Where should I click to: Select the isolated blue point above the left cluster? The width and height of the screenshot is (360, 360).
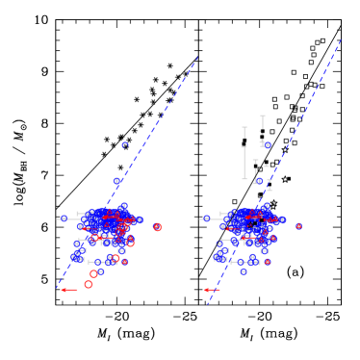pos(125,145)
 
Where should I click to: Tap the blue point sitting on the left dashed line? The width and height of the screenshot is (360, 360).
pos(117,181)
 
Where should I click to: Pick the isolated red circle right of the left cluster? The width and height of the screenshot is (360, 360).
pos(157,227)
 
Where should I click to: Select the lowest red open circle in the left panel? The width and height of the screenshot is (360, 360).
pos(89,285)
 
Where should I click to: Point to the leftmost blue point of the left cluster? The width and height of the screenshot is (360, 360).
pos(64,219)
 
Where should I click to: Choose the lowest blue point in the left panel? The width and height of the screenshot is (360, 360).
pos(100,271)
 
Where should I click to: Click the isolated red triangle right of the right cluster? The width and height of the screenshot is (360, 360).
pos(298,226)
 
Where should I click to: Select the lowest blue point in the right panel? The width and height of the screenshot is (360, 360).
pos(244,271)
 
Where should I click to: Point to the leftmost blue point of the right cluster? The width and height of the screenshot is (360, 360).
pos(207,219)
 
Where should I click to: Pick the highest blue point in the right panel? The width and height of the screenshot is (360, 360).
pos(267,145)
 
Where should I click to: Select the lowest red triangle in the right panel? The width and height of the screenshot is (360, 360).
pos(267,262)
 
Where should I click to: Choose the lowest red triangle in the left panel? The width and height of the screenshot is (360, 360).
pos(124,262)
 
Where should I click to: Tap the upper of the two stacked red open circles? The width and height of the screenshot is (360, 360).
pos(93,274)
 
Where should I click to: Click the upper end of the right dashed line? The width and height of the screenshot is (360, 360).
pos(341,41)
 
